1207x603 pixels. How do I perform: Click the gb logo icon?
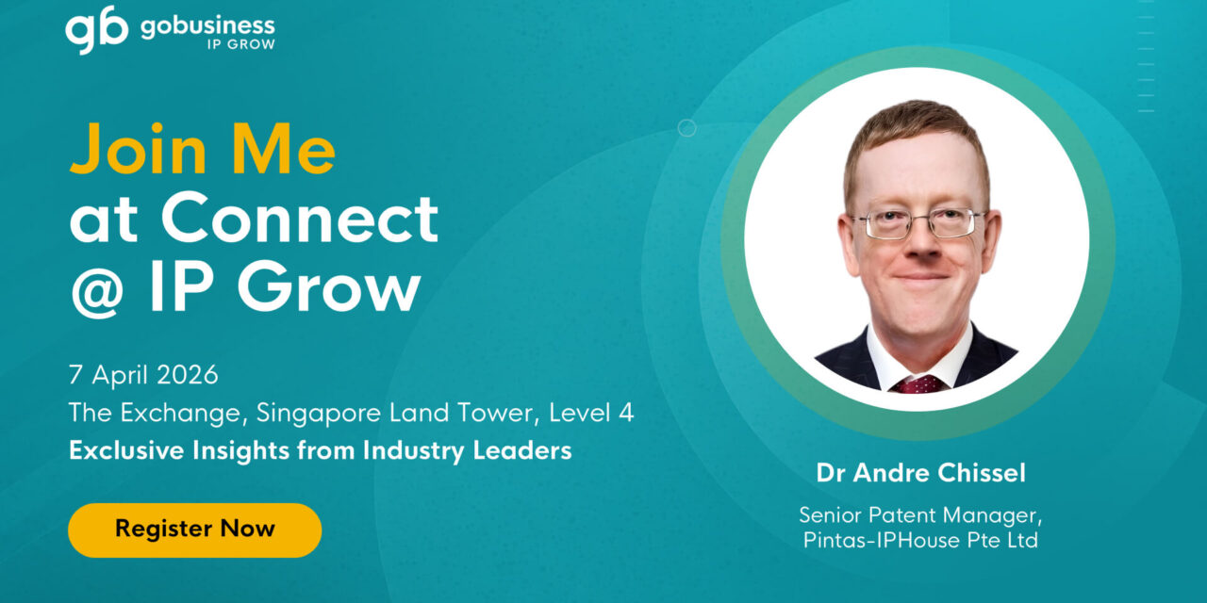pyautogui.click(x=96, y=29)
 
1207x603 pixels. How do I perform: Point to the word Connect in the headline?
pyautogui.click(x=299, y=219)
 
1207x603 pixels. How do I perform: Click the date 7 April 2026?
pyautogui.click(x=143, y=375)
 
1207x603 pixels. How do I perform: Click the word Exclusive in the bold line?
pyautogui.click(x=122, y=450)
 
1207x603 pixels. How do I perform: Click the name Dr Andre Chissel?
pyautogui.click(x=920, y=473)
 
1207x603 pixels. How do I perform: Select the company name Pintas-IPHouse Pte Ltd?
pyautogui.click(x=920, y=541)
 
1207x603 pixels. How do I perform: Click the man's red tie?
pyautogui.click(x=918, y=383)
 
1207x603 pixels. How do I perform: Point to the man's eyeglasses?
pyautogui.click(x=918, y=224)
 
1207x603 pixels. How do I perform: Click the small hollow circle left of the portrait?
pyautogui.click(x=687, y=128)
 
